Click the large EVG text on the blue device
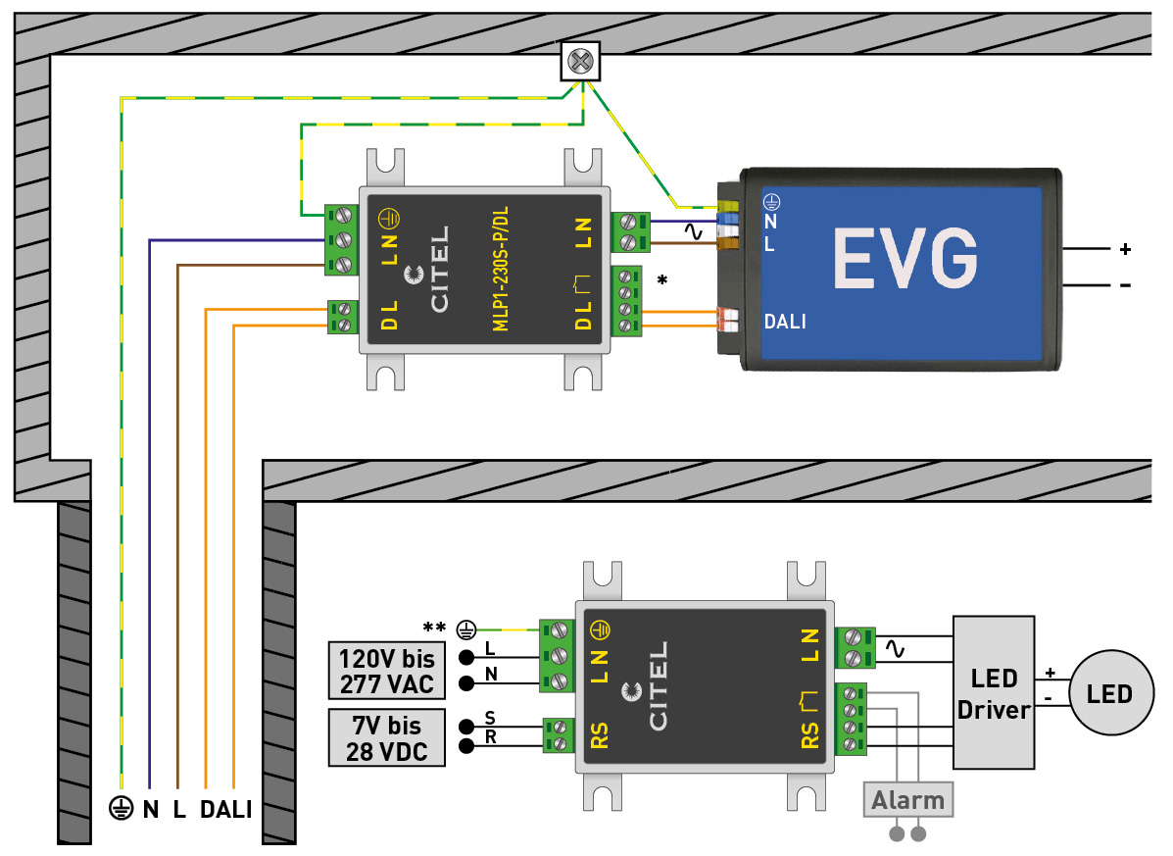tap(905, 259)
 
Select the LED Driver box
tap(994, 692)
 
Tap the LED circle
tap(1109, 694)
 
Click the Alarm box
tap(908, 800)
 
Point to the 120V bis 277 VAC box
tap(386, 671)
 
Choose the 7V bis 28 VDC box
tap(386, 738)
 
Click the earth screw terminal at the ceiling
tap(580, 62)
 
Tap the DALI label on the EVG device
tap(785, 321)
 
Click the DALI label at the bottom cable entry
tap(226, 810)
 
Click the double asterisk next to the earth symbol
tap(432, 628)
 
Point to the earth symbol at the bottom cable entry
tap(121, 810)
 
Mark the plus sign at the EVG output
tap(1125, 249)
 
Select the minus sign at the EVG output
tap(1125, 285)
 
